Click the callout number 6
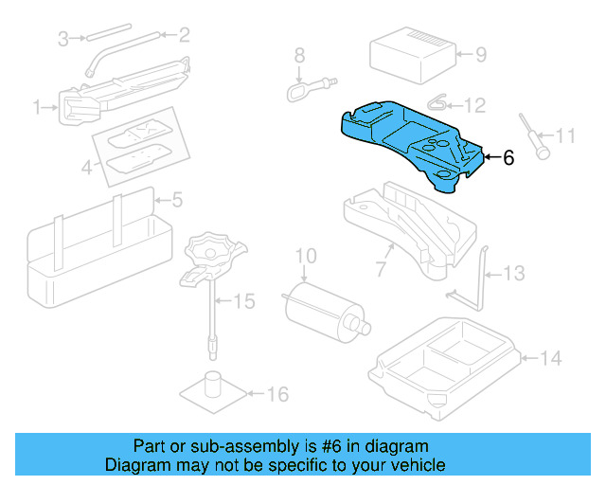click(508, 158)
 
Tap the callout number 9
click(480, 55)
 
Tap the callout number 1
click(39, 109)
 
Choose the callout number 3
click(63, 39)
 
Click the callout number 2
click(184, 36)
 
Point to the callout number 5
click(176, 200)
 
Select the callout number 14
click(552, 358)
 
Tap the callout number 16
click(277, 394)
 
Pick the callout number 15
click(244, 302)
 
